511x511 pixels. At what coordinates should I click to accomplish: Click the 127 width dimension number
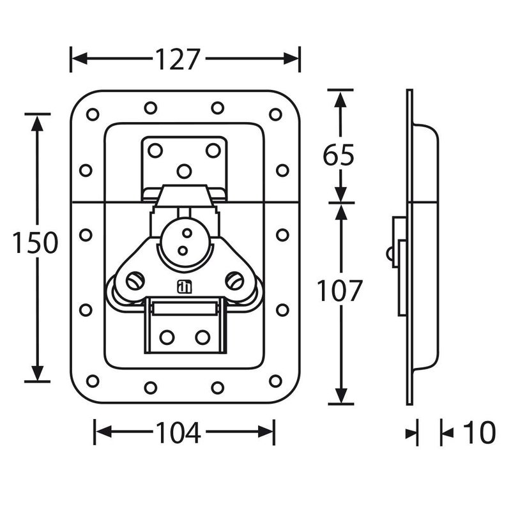coord(178,59)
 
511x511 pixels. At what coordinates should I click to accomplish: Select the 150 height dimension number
coord(35,243)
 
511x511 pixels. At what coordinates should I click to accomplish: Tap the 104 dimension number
coord(178,432)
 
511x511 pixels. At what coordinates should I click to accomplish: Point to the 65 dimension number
coord(339,155)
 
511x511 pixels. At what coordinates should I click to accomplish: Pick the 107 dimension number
coord(340,291)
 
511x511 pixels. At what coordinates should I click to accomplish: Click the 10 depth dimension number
coord(478,432)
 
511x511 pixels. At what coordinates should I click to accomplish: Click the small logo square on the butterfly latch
coord(185,286)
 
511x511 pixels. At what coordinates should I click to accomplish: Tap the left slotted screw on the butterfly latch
coord(135,280)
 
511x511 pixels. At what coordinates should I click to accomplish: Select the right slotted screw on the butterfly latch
coord(234,280)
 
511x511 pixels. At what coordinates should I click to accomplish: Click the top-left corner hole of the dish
coord(93,114)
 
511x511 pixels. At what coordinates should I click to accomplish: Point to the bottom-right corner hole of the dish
coord(275,381)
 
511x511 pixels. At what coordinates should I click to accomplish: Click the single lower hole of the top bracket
coord(184,171)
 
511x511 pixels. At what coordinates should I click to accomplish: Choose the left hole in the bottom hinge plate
coord(167,337)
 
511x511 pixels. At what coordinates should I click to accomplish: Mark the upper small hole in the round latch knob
coord(187,233)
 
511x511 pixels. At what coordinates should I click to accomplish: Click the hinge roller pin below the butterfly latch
coord(184,309)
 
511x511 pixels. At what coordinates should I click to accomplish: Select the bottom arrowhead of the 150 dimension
coord(38,373)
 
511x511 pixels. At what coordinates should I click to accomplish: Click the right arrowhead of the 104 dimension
coord(266,432)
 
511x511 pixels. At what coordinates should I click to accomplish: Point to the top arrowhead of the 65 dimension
coord(340,99)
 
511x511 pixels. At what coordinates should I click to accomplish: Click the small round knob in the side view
coord(390,254)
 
